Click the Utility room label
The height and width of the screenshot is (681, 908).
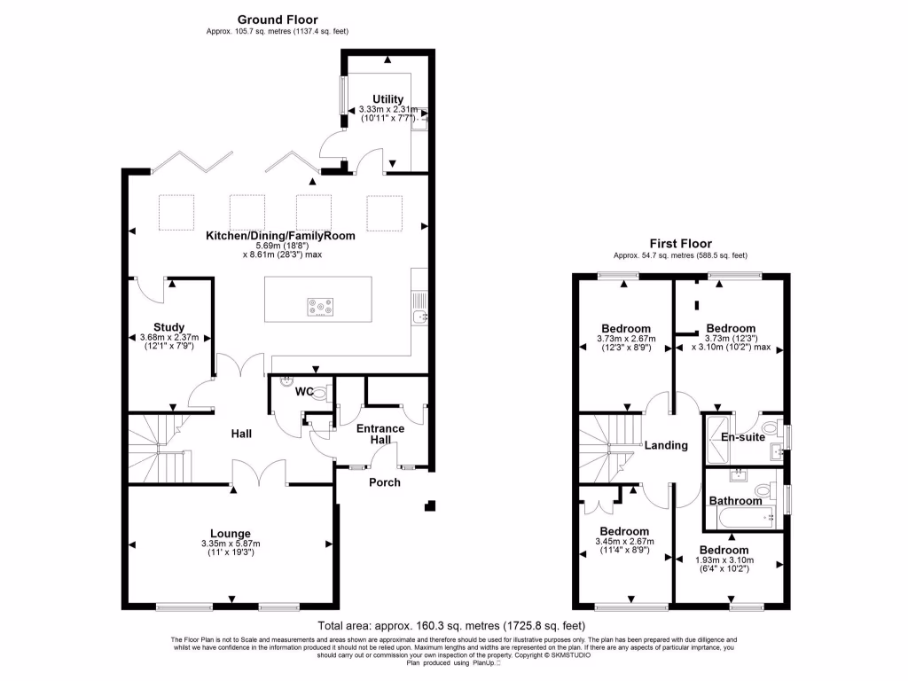coord(387,98)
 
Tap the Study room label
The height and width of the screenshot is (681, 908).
coord(168,327)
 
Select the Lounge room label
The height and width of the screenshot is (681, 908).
coord(230,534)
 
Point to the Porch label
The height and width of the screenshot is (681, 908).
coord(384,482)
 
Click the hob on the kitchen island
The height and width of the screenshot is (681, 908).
coord(321,308)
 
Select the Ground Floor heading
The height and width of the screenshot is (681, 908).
coord(277,19)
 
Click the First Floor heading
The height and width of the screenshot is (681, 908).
coord(680,243)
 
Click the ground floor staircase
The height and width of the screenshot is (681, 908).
coord(160,448)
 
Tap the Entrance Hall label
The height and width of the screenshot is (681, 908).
coord(380,434)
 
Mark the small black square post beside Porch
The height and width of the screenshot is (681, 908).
coord(430,506)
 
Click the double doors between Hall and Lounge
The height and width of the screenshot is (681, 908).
coord(259,474)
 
